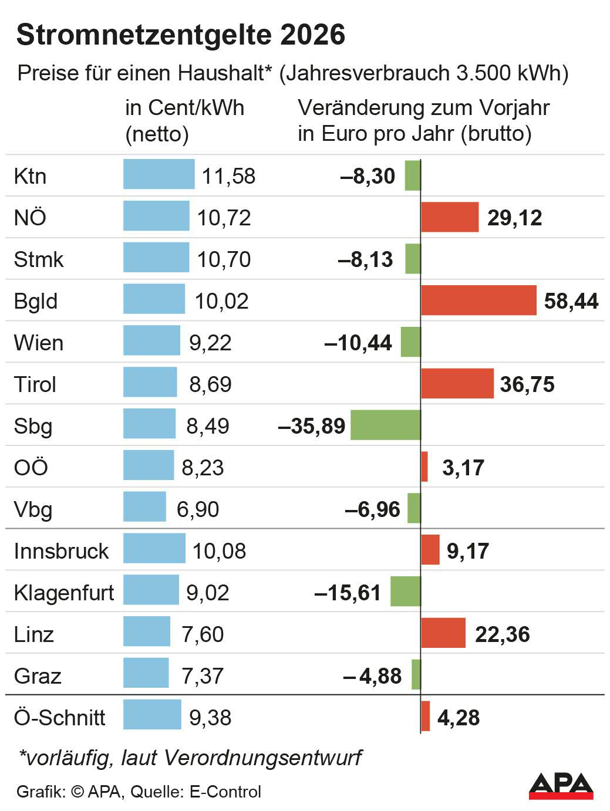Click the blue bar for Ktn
[x=159, y=174]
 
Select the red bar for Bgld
[x=478, y=300]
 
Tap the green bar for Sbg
[x=385, y=425]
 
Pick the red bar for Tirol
[x=457, y=384]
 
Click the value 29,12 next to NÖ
[x=514, y=218]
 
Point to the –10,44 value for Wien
[x=358, y=343]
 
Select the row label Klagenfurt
[x=64, y=593]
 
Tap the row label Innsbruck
[x=61, y=551]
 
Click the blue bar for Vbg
[x=144, y=507]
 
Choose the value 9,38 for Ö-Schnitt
[x=210, y=718]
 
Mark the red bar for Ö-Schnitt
[x=426, y=716]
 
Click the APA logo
[x=561, y=786]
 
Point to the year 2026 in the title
[x=312, y=35]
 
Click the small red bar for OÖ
[x=424, y=467]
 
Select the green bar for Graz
[x=416, y=675]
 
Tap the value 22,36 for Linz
[x=502, y=634]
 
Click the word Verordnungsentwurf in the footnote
[x=262, y=758]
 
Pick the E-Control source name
[x=225, y=792]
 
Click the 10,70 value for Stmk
[x=224, y=259]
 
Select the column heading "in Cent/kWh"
[x=184, y=108]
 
